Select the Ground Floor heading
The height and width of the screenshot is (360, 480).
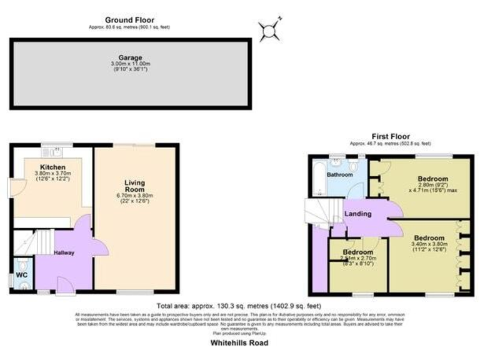(x=129, y=20)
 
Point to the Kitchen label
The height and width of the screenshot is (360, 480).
(x=52, y=167)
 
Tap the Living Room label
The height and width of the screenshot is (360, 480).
(x=135, y=186)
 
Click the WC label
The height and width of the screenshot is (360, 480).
(x=21, y=274)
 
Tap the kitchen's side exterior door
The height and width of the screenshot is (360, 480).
(x=16, y=186)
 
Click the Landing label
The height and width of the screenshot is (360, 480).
(x=358, y=214)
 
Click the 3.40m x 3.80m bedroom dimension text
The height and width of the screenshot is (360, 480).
(x=428, y=244)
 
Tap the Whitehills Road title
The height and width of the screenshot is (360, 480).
(x=239, y=343)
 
